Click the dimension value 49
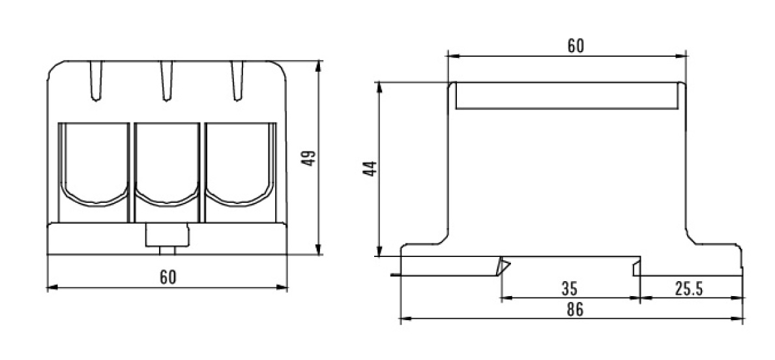310,157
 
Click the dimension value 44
371,169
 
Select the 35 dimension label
570,288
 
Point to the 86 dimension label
575,310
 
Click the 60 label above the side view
576,46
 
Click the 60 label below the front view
168,277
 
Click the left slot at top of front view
96,81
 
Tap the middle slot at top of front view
167,81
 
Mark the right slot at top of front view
238,81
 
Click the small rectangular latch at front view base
167,235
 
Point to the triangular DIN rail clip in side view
503,267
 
